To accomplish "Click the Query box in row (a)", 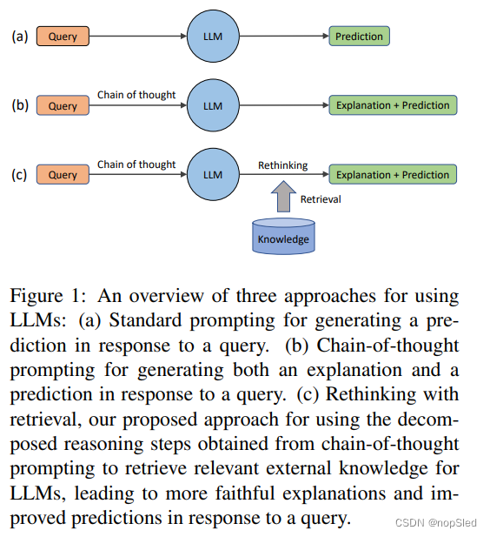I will click(63, 37).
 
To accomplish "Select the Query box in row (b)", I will click(63, 106).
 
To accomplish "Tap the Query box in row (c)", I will click(63, 175).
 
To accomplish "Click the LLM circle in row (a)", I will click(213, 37).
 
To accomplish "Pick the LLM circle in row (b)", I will click(213, 106).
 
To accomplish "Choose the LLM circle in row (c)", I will click(213, 174).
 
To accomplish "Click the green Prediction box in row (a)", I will click(359, 37).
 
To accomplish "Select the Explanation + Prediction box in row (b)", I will click(393, 106).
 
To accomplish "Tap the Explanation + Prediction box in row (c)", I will click(393, 175).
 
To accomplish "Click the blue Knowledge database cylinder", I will click(283, 236).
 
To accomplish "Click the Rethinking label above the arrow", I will click(282, 164).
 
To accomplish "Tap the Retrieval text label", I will click(321, 199).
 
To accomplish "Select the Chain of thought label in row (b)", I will click(136, 95).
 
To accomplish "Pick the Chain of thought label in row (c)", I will click(136, 164).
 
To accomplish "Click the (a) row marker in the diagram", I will click(20, 37).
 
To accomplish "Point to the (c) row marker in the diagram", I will click(20, 175).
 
